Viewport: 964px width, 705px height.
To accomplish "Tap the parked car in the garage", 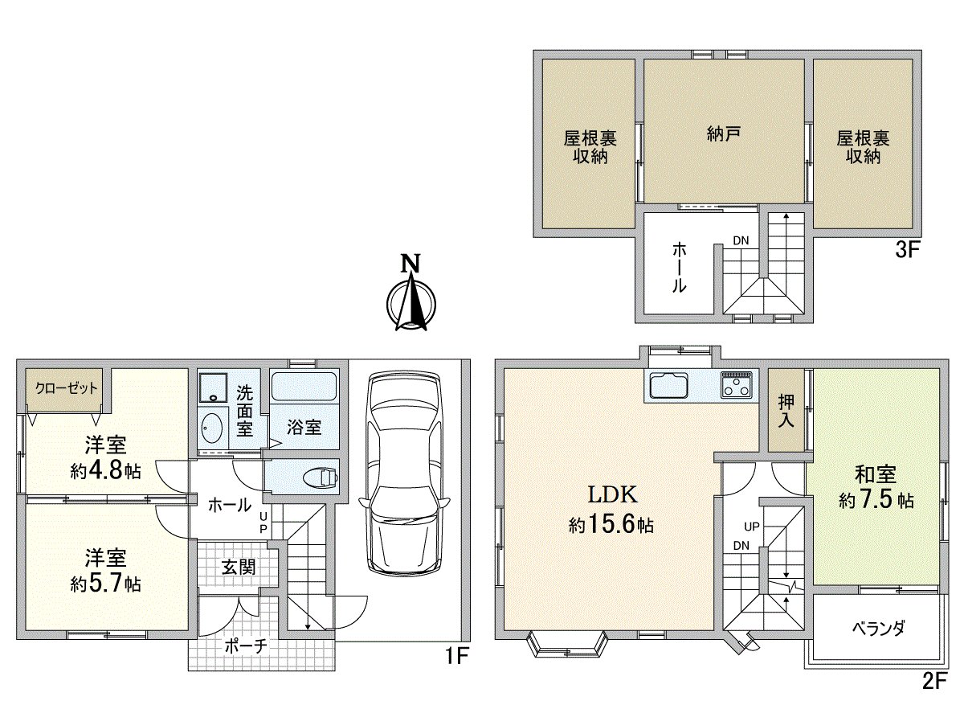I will point(403,472).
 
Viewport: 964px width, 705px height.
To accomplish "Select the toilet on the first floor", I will point(321,478).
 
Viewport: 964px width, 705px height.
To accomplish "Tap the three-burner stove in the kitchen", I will point(737,386).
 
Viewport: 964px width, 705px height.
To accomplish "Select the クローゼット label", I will point(66,387).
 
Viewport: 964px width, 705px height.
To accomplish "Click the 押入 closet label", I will point(786,410).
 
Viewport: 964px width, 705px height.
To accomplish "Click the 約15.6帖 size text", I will point(611,526).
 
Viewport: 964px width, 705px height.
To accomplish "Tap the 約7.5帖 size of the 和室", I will point(876,501).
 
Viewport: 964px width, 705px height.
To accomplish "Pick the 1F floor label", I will point(457,657).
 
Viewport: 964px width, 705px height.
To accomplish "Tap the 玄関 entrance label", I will point(239,567).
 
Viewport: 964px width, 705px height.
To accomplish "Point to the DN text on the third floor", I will point(740,240).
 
